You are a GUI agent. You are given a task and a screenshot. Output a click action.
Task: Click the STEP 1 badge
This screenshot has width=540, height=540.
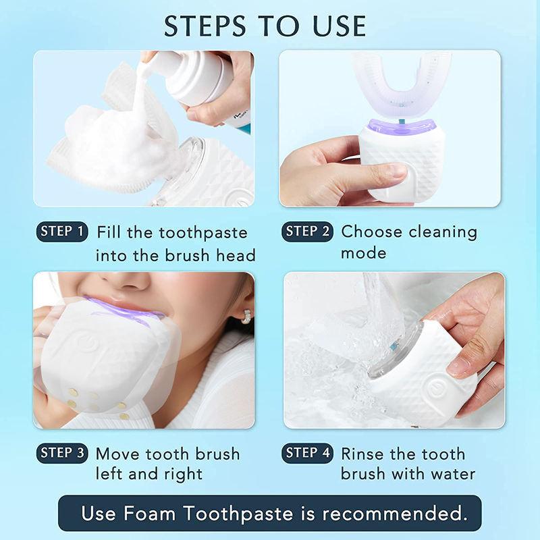pyautogui.click(x=61, y=232)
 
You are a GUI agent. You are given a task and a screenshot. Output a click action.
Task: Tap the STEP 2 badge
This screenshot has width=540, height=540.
pyautogui.click(x=307, y=232)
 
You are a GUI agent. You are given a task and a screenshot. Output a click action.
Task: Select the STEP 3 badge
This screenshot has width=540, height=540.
pyautogui.click(x=61, y=453)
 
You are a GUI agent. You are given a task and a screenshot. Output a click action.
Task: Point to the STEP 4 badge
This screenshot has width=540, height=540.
pyautogui.click(x=307, y=453)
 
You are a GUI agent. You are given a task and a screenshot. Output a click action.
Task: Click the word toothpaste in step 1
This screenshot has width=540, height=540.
pyautogui.click(x=203, y=233)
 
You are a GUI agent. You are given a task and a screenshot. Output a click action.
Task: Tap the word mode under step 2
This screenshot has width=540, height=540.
pyautogui.click(x=363, y=254)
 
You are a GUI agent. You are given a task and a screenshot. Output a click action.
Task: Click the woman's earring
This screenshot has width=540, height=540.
pyautogui.click(x=246, y=316)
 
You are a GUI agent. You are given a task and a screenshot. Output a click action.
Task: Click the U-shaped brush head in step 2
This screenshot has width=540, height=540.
pyautogui.click(x=391, y=84)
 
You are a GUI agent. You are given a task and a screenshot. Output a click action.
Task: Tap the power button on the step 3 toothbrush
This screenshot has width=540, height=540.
pyautogui.click(x=86, y=342)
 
